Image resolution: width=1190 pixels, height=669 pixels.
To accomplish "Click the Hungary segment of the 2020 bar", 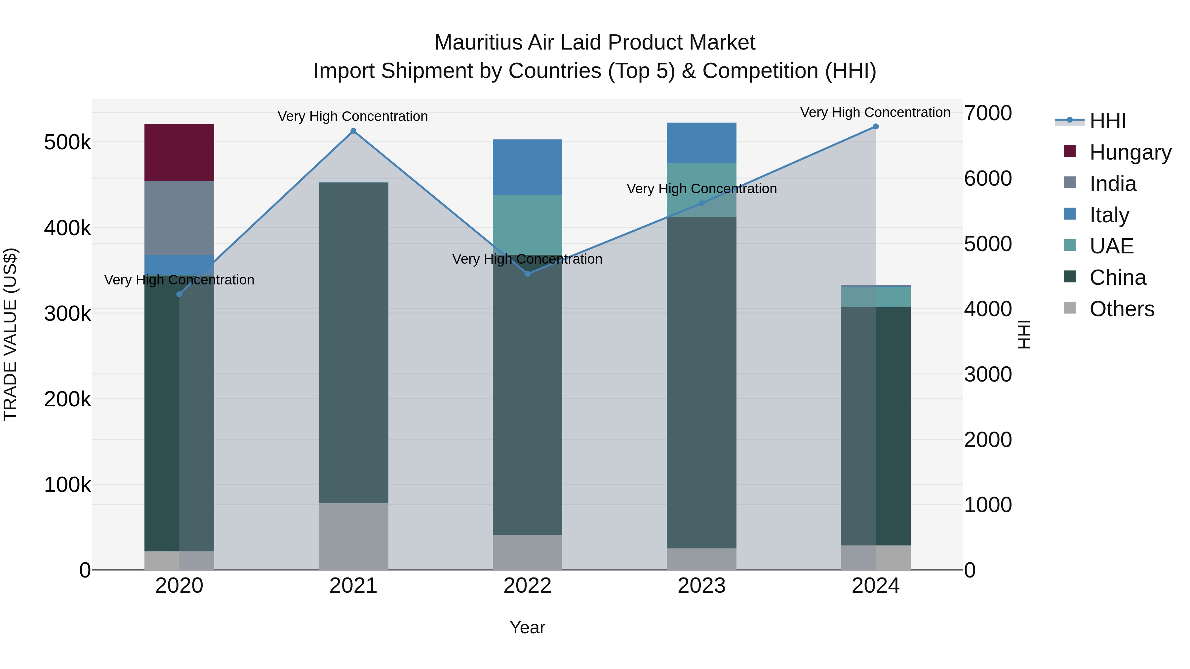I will (179, 152).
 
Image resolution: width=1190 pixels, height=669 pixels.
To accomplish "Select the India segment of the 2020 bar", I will (179, 218).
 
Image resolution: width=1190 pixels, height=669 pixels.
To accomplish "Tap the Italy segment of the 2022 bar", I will (528, 167).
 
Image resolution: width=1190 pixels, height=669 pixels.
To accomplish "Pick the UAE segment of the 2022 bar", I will (528, 224).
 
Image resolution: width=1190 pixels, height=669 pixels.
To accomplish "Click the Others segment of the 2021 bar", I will (353, 536).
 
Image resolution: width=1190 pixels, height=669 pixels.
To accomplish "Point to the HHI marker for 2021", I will (353, 131).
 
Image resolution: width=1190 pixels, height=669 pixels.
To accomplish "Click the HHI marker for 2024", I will (875, 127).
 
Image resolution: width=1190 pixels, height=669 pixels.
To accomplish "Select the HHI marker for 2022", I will (528, 274).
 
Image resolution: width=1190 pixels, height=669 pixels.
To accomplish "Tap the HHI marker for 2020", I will (179, 294).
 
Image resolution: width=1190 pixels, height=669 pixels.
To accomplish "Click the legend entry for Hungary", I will (1130, 152).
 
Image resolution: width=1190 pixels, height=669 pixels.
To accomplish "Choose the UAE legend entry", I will (1111, 246).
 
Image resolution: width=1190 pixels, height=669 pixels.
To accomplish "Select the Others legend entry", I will (1122, 309).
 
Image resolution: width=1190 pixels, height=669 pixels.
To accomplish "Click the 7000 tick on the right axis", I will (988, 113).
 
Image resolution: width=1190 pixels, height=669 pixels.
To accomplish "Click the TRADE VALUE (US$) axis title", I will (10, 334).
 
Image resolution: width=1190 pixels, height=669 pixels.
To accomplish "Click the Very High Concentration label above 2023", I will (701, 189).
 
